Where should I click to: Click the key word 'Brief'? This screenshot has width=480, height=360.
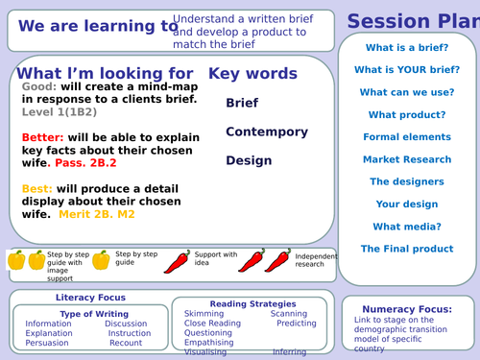coord(242,103)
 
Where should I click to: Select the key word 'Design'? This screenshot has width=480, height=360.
coord(249,160)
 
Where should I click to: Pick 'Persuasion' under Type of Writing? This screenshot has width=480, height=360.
coord(48,343)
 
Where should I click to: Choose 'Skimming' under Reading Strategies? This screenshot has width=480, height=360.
coord(204,314)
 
